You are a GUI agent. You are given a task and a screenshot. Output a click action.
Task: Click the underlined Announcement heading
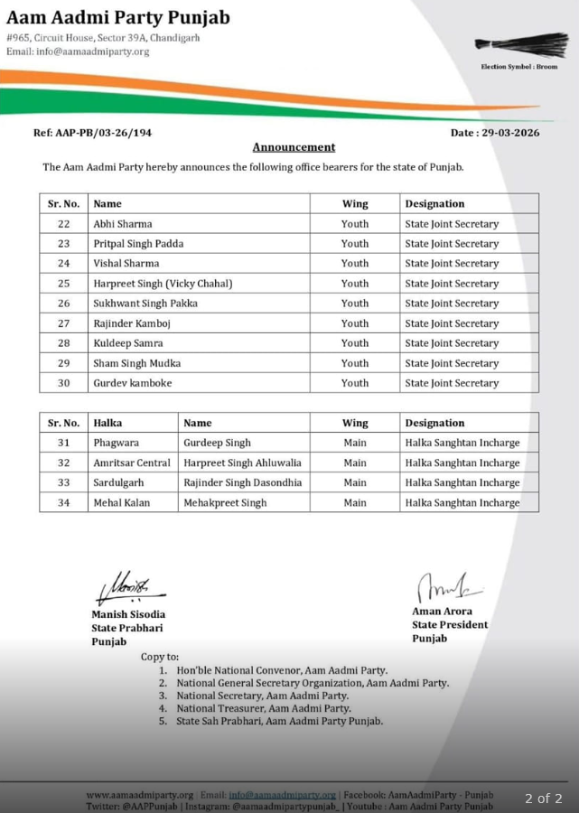pos(294,147)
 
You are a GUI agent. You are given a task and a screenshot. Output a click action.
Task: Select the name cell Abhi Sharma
pos(123,224)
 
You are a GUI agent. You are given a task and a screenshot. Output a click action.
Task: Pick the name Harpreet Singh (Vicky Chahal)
pos(163,284)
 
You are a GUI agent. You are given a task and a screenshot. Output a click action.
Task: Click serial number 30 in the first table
pos(63,383)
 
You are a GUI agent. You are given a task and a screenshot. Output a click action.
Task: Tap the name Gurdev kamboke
pos(132,383)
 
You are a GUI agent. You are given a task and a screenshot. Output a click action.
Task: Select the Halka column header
pos(107,423)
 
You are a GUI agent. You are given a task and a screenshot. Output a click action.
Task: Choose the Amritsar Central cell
pos(131,463)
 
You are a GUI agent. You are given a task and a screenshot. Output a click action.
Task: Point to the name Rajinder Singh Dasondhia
pos(242,482)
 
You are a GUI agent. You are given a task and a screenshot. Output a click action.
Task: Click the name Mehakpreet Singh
pos(225,502)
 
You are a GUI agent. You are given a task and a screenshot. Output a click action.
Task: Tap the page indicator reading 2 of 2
pos(543,799)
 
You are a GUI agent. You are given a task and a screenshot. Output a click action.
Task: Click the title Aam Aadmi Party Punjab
pos(118,17)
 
